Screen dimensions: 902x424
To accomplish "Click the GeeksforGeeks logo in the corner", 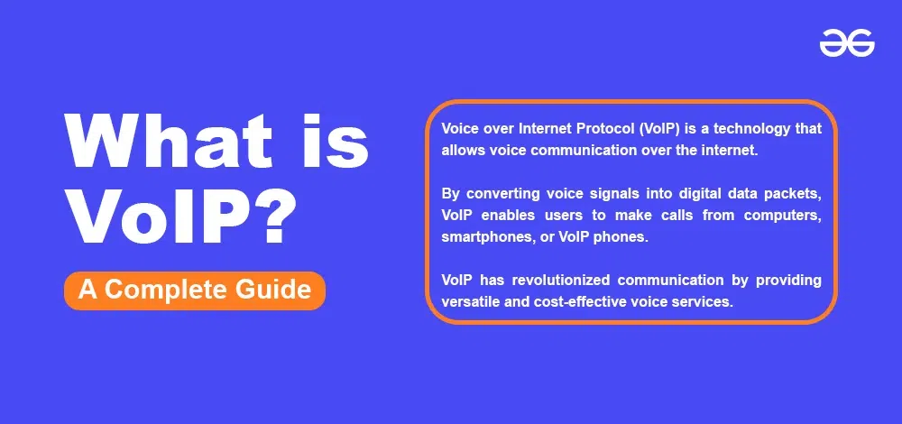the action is pos(847,43).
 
